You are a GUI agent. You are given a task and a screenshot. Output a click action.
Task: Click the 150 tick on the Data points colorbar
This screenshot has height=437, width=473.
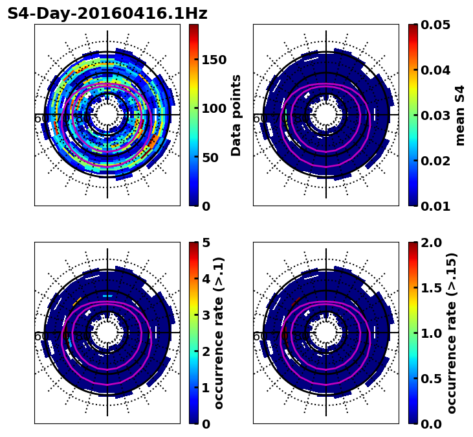click(214, 60)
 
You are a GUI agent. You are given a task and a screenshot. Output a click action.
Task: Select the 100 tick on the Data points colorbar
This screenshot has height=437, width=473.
click(214, 108)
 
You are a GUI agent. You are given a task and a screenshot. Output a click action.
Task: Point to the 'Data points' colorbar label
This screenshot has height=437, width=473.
click(236, 115)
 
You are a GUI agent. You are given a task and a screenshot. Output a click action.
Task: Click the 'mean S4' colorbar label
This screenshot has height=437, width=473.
click(460, 115)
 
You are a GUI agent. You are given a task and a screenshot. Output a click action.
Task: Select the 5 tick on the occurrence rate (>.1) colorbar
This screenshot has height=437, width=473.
click(206, 242)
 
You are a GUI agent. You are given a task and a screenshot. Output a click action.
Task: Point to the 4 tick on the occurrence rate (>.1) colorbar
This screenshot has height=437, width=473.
click(206, 279)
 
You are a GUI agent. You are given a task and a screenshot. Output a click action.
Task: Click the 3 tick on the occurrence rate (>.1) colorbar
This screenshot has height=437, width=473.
click(206, 315)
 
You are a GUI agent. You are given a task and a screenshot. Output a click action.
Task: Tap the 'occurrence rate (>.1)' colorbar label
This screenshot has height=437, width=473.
click(219, 333)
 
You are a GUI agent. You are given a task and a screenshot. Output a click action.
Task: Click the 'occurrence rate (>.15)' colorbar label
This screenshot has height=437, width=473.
click(452, 333)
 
